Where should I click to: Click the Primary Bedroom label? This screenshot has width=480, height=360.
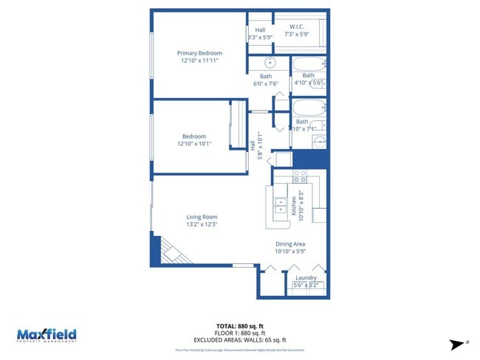tap(199, 53)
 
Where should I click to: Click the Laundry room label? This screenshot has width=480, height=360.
tap(306, 278)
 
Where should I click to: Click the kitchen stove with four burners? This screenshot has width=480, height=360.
tap(300, 177)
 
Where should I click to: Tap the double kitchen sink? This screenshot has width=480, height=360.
tap(281, 205)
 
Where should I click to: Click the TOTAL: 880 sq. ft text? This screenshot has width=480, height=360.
tap(239, 325)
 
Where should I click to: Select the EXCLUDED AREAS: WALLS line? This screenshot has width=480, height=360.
tap(239, 340)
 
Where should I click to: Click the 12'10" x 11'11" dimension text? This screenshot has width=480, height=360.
tap(199, 61)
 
